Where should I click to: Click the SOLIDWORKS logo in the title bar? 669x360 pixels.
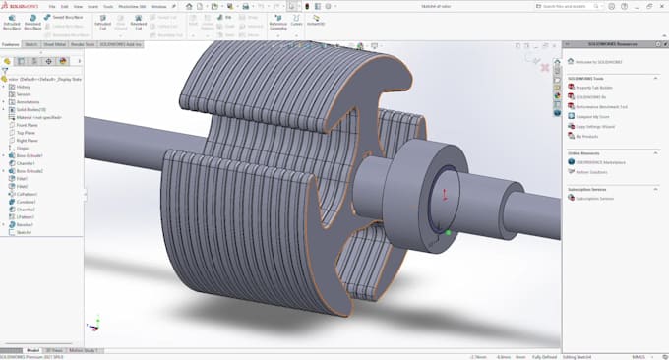point(17,6)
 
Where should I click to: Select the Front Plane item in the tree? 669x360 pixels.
point(29,125)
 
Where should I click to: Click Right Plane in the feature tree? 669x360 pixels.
point(29,141)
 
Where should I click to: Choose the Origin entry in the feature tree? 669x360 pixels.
point(24,149)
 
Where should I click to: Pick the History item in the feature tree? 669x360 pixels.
point(24,87)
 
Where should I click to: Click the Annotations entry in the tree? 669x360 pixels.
point(28,101)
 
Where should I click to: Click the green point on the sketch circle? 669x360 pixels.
point(449,232)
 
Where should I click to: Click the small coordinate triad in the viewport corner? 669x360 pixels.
point(93,323)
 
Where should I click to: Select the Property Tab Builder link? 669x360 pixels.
point(595,87)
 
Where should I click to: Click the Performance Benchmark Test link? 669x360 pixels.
point(601,106)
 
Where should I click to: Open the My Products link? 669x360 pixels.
point(586,137)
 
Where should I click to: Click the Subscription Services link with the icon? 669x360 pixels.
point(594,198)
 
